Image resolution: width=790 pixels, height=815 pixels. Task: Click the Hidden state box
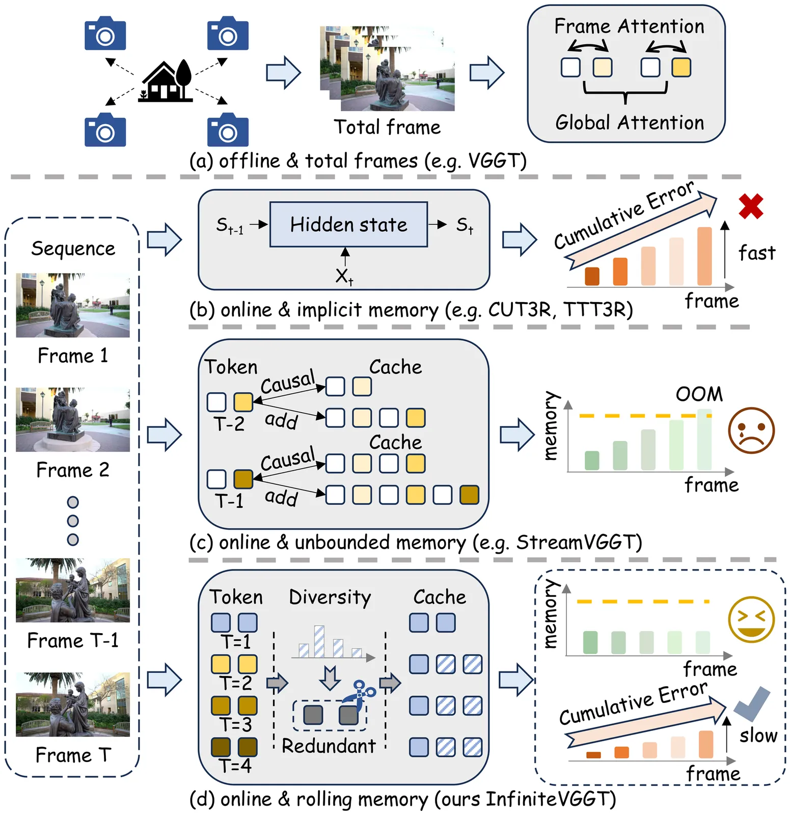348,225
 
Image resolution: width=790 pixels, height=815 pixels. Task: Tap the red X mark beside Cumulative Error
751,206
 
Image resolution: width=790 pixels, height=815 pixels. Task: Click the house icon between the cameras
166,81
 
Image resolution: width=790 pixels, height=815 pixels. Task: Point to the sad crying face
751,430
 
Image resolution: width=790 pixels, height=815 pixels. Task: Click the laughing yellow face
751,619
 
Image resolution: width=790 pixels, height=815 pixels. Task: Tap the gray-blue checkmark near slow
752,703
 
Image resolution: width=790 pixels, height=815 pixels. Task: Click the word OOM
699,394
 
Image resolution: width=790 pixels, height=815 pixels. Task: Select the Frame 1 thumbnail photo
73,305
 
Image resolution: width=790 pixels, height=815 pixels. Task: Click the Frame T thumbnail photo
73,704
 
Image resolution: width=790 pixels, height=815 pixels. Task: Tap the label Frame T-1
73,640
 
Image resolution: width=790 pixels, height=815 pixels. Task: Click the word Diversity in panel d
330,597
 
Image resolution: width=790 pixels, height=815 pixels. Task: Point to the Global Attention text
630,123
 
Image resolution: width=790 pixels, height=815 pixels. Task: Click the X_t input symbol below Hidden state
344,277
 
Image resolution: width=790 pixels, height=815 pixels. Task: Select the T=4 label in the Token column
235,766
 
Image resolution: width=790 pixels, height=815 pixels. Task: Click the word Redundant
329,746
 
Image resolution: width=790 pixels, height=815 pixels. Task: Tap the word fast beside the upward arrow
757,253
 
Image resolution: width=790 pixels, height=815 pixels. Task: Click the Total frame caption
387,127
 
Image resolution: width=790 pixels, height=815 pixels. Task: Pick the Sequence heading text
73,249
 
